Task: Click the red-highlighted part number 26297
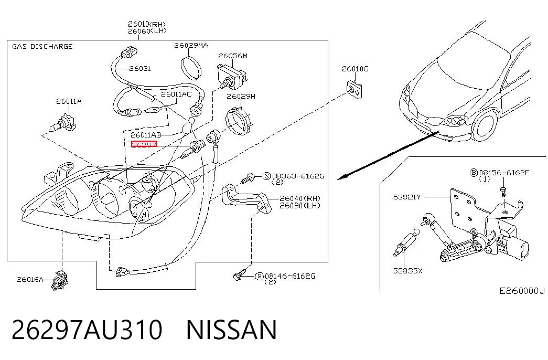point(144,144)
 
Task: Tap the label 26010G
point(354,69)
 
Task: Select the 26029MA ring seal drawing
point(191,68)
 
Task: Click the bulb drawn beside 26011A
point(63,122)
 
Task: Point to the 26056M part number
point(233,56)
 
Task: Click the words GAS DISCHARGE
point(42,47)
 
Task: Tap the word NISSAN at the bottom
point(231,330)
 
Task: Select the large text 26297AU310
point(87,330)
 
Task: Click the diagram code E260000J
point(522,291)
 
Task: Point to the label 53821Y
point(407,197)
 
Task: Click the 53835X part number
point(407,271)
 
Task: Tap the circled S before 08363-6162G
point(267,176)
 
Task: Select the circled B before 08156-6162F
point(474,173)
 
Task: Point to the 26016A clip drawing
point(60,281)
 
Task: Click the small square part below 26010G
point(354,90)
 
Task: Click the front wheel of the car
point(486,124)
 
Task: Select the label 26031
point(140,69)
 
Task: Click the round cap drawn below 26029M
point(240,121)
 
